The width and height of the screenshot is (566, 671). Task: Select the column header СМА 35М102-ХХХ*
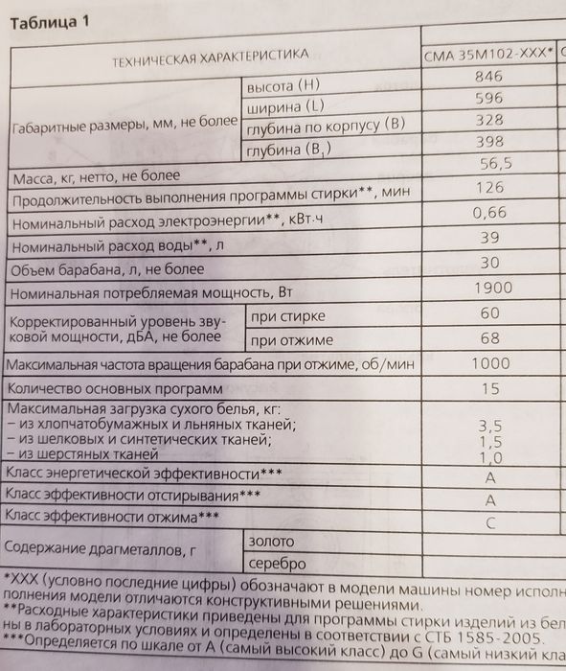[487, 56]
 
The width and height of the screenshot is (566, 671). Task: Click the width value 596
[489, 99]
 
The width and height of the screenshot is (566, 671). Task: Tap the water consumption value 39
[490, 237]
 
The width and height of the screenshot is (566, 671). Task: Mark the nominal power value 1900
[493, 288]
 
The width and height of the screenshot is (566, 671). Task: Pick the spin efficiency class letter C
[490, 522]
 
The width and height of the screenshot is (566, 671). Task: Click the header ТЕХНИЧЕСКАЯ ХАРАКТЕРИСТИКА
[210, 58]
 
